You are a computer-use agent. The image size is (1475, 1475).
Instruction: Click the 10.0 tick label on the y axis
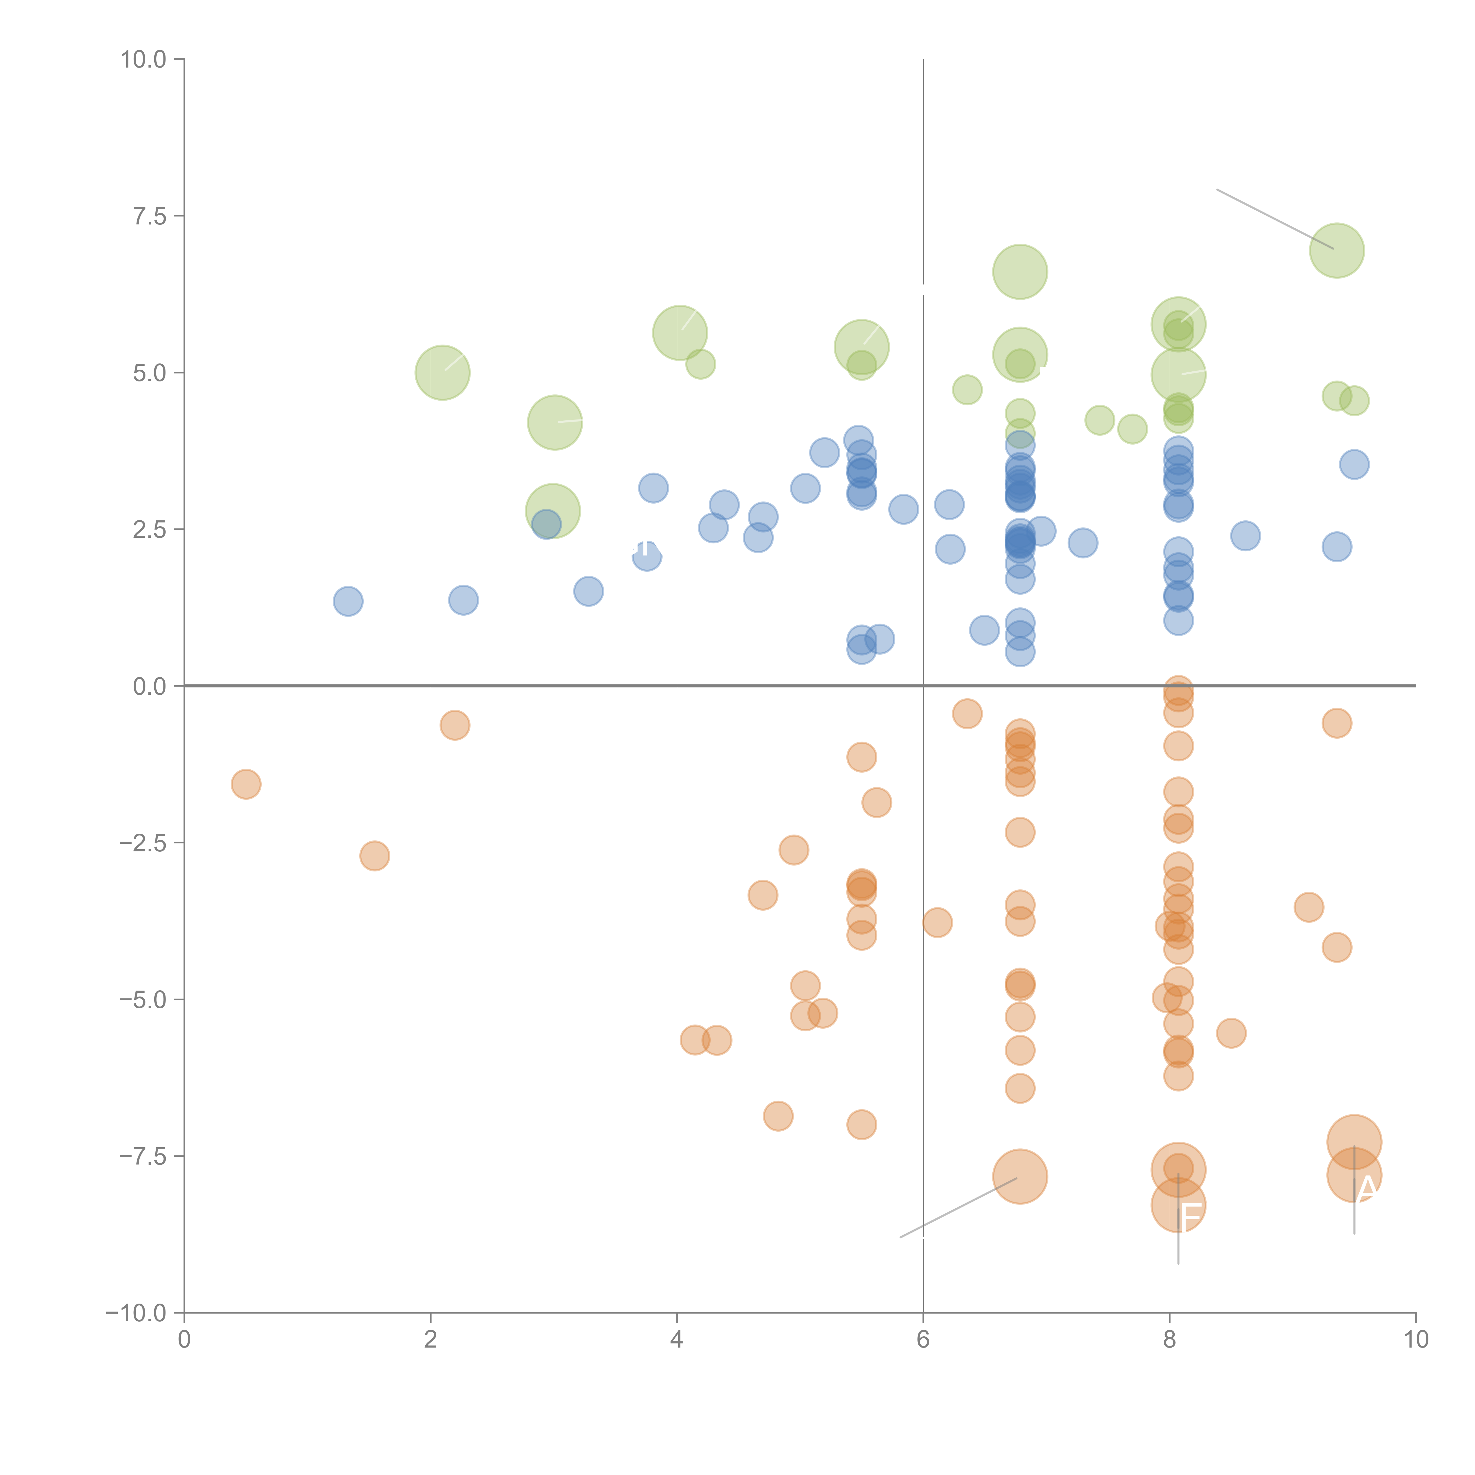pos(144,60)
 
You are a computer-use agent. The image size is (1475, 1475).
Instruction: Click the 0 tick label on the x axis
pos(184,1340)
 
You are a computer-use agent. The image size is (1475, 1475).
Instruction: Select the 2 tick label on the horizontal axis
pos(431,1340)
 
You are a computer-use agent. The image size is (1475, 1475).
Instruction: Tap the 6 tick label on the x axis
pos(923,1340)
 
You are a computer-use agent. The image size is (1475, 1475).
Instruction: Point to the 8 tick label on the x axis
pos(1170,1340)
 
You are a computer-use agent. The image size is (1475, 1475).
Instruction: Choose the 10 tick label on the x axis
pos(1415,1340)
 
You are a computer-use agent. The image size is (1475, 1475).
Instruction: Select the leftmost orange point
pos(246,784)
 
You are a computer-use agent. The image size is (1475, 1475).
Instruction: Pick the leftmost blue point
pos(348,602)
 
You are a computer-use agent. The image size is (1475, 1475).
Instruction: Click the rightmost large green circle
pos(1337,250)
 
